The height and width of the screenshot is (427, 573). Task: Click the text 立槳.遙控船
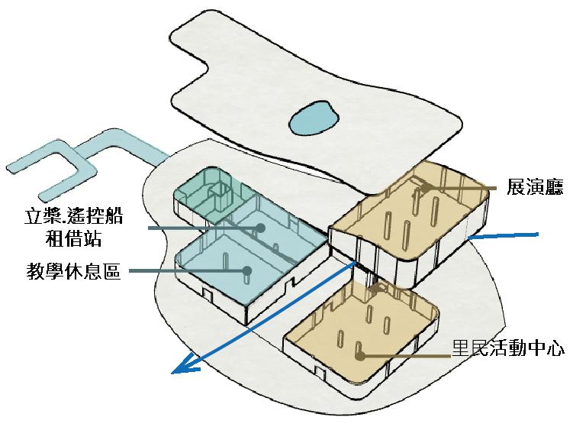(x=73, y=216)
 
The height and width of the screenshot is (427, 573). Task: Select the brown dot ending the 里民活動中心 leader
(x=360, y=355)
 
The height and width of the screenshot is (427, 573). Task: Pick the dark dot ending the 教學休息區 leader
(x=247, y=270)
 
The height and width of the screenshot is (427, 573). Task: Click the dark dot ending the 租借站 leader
(x=260, y=227)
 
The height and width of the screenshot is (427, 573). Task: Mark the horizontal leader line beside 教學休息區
(x=187, y=270)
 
